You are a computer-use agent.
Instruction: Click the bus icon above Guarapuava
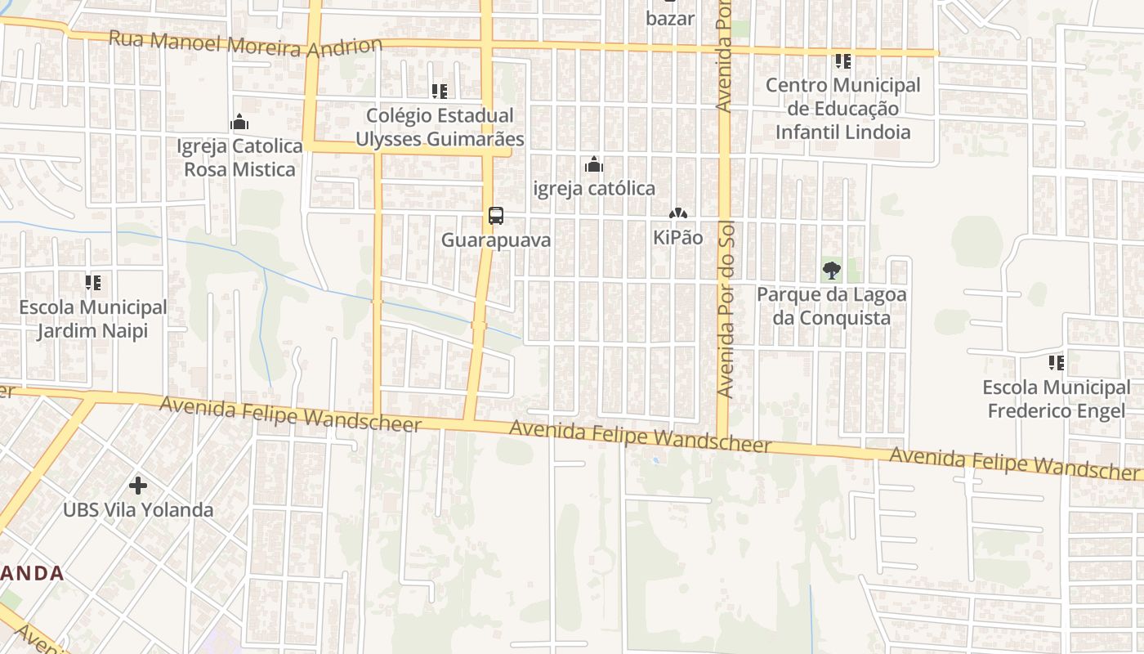click(496, 216)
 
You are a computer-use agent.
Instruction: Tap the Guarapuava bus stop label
click(496, 240)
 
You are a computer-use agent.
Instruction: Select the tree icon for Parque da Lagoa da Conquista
click(832, 270)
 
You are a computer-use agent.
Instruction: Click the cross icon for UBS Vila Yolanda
click(138, 486)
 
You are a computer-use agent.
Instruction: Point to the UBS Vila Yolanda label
click(138, 510)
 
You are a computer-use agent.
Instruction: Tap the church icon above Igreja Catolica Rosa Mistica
click(239, 123)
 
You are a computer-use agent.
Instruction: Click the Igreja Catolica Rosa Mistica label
click(239, 158)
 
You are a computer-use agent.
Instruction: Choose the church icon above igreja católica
click(594, 165)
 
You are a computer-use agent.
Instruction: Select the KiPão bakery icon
click(677, 214)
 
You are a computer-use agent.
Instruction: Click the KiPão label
click(677, 238)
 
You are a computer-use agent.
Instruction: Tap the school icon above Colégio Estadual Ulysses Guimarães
click(440, 91)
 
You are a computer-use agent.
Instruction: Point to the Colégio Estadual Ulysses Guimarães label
click(440, 128)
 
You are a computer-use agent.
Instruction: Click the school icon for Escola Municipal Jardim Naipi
click(93, 283)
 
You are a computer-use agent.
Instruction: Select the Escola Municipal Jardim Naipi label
click(93, 320)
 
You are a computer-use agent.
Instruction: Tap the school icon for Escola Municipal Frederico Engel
click(1057, 362)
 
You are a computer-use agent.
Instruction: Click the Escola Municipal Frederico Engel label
click(1057, 398)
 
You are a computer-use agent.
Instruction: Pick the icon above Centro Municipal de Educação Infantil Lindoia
click(843, 61)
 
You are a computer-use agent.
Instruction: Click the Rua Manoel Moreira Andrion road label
click(245, 43)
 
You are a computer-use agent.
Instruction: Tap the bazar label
click(670, 18)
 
